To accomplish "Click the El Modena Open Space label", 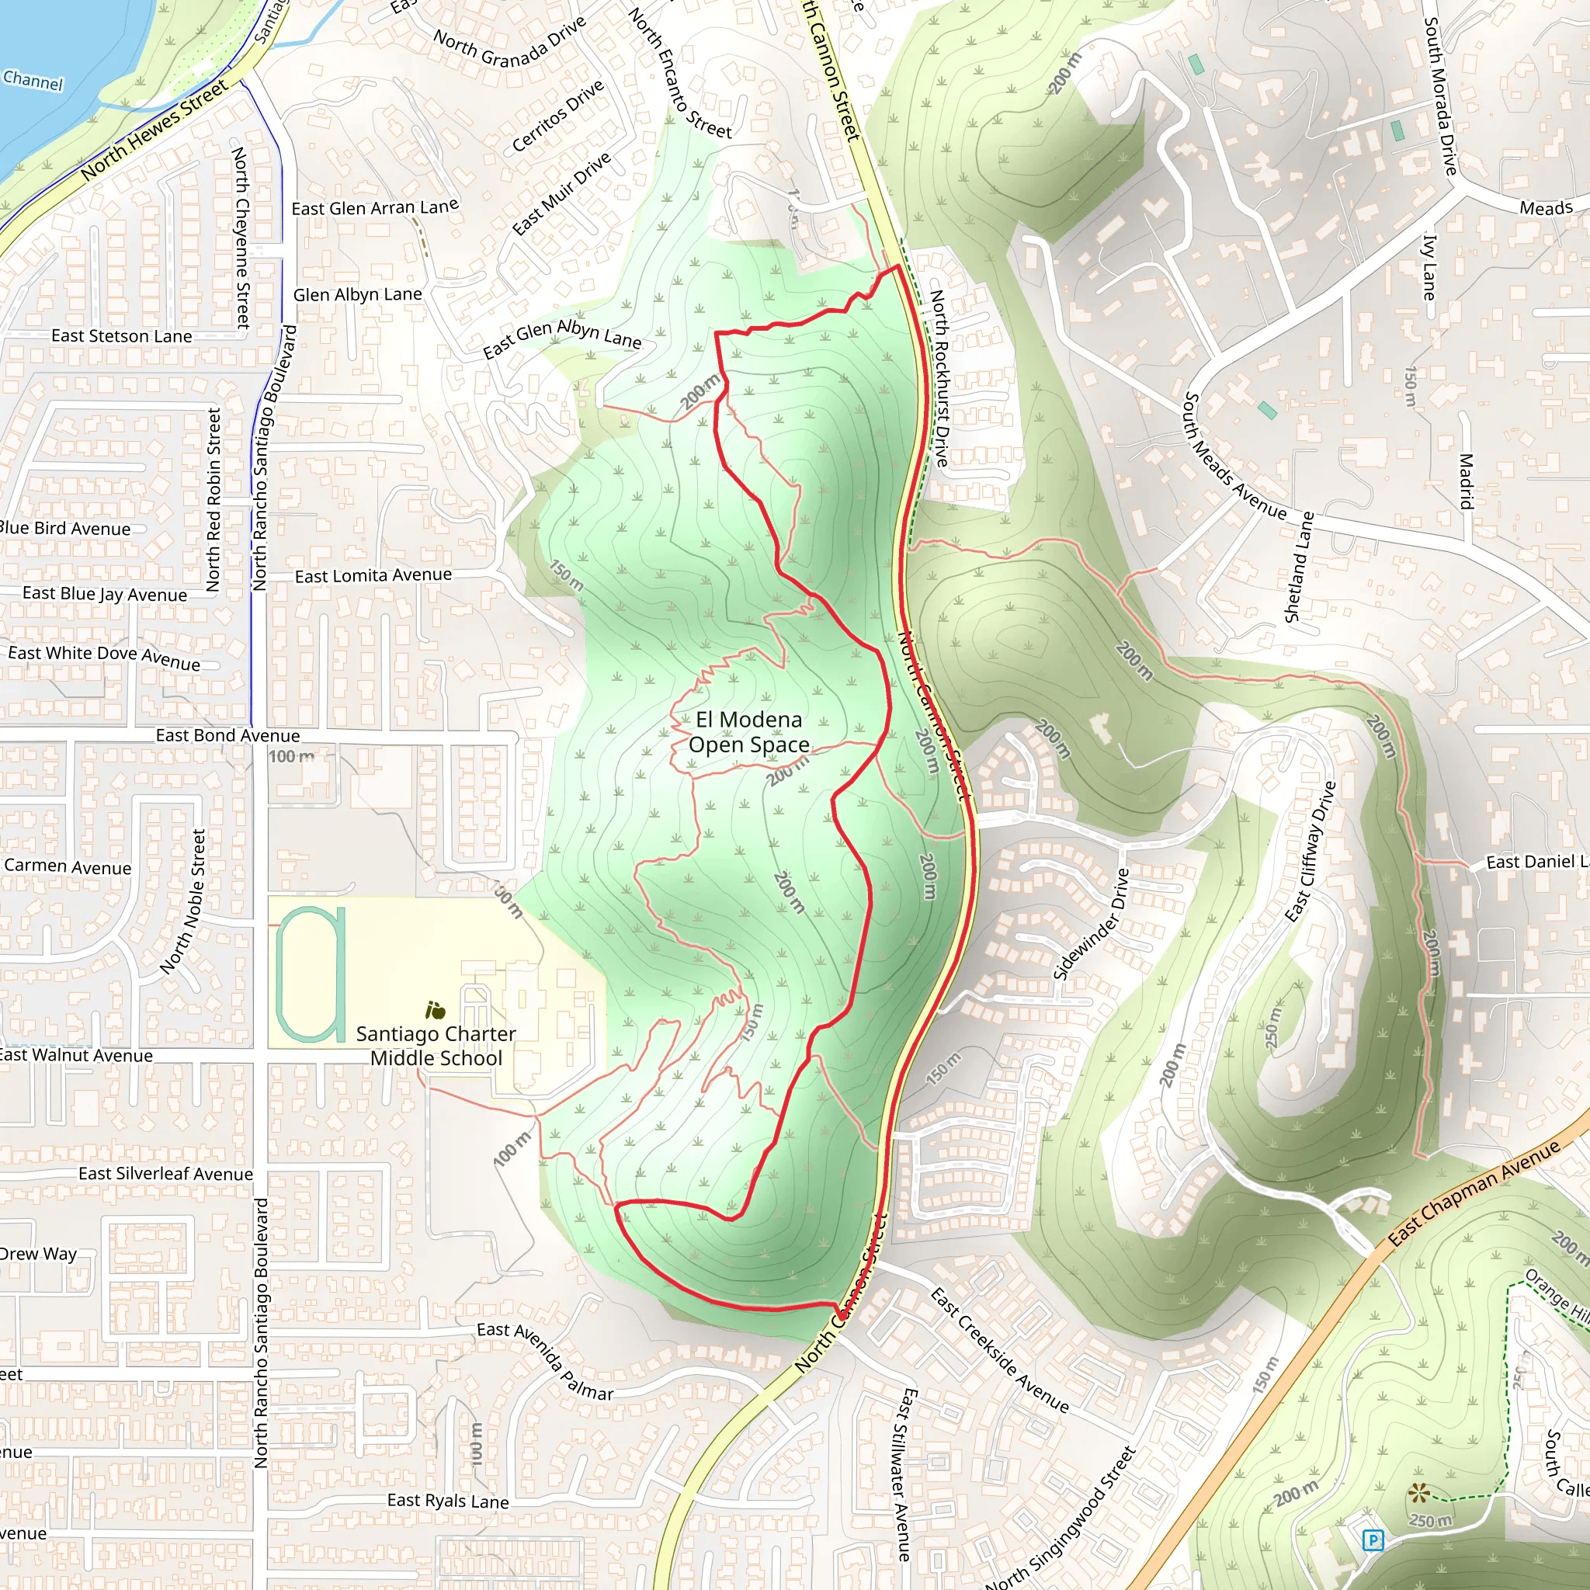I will click(749, 731).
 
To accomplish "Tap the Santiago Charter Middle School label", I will click(436, 1045).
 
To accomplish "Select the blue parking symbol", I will click(1372, 1539).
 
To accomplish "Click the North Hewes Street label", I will click(154, 130).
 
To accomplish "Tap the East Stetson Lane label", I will click(122, 335).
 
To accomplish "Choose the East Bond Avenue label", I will click(228, 735).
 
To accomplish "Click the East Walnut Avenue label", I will click(76, 1055).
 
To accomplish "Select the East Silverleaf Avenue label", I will click(165, 1174).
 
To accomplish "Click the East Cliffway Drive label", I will click(1311, 851).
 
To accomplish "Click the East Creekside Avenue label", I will click(999, 1349).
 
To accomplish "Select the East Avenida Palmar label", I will click(545, 1361).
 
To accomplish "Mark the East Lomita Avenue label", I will click(373, 575).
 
